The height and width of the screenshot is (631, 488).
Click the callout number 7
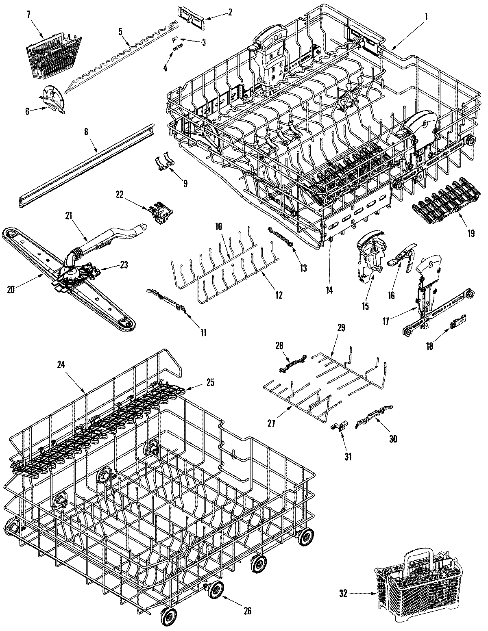point(28,15)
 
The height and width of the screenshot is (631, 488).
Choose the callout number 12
point(279,296)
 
